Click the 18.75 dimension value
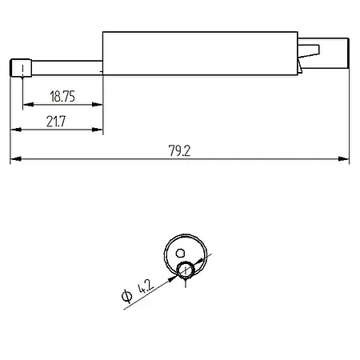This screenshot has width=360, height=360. pos(62,96)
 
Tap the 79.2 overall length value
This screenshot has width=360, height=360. pos(180,151)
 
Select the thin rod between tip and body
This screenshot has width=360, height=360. pos(64,66)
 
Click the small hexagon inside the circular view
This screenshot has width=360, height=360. pos(180,252)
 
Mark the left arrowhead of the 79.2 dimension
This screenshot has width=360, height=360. pos(14,160)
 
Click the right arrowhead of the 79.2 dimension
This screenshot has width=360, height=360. pos(346,160)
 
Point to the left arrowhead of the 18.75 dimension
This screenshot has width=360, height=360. pos(26,105)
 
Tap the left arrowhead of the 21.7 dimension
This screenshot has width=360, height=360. pos(14,129)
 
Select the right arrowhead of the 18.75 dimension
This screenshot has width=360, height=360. pos(99,105)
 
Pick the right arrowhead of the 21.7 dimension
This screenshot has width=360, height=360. pos(99,129)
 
